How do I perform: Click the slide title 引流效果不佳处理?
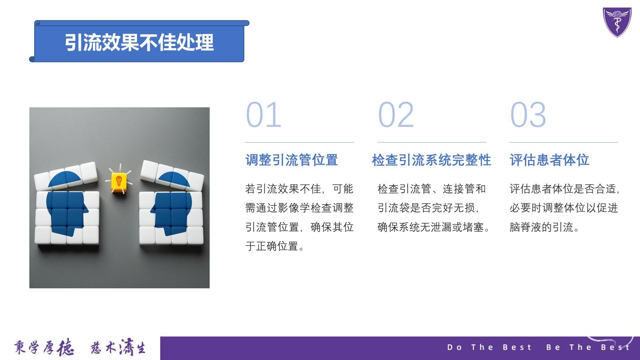139,42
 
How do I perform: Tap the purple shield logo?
617,22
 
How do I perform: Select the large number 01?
263,115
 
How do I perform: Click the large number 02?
396,115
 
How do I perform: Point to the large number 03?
528,115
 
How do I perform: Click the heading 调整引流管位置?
292,160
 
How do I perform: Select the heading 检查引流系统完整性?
431,160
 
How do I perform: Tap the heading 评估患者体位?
549,160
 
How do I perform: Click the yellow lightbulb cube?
119,182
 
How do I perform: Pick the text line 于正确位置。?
275,246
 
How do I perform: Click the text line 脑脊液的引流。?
545,227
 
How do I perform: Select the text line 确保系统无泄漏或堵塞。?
434,227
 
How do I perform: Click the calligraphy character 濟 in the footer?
126,347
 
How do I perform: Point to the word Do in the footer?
455,347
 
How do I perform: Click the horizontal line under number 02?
432,142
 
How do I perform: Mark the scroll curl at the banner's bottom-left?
32,59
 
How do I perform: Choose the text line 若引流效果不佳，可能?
299,189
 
